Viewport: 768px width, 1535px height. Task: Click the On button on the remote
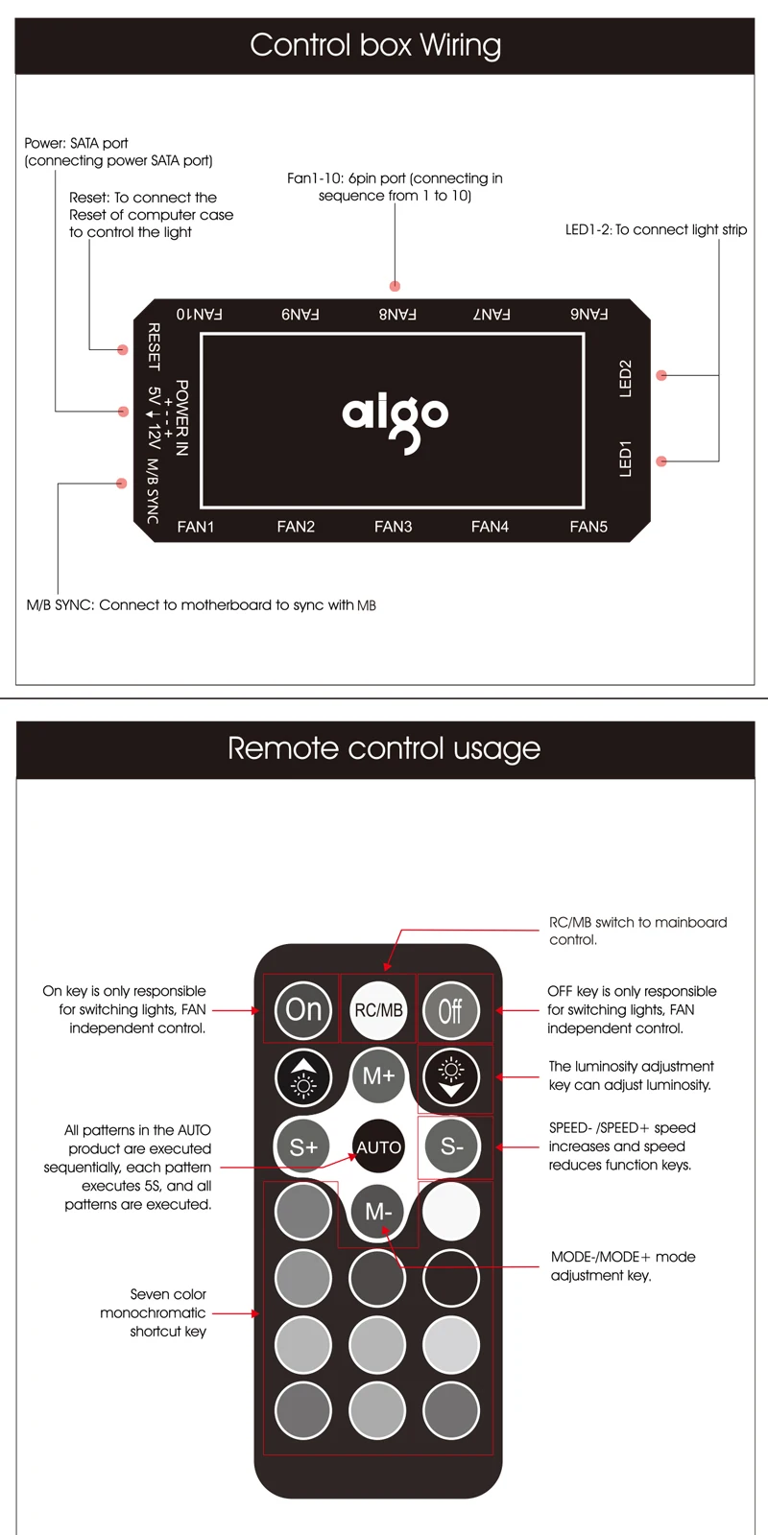pyautogui.click(x=303, y=1009)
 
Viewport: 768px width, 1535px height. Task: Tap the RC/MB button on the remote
pyautogui.click(x=378, y=1010)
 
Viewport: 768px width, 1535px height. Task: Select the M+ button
pyautogui.click(x=378, y=1076)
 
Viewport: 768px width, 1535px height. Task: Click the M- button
pyautogui.click(x=378, y=1212)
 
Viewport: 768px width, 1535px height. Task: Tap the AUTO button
pyautogui.click(x=378, y=1146)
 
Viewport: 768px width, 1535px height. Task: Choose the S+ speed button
pyautogui.click(x=303, y=1146)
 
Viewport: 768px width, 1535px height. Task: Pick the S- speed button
pyautogui.click(x=451, y=1146)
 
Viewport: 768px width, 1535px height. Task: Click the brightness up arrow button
pyautogui.click(x=303, y=1076)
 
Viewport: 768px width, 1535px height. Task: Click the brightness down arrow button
pyautogui.click(x=451, y=1076)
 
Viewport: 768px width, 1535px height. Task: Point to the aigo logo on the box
pyautogui.click(x=395, y=418)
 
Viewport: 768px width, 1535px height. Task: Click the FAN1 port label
pyautogui.click(x=196, y=527)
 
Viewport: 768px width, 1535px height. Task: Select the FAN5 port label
pyautogui.click(x=588, y=527)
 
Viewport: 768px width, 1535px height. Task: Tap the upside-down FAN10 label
pyautogui.click(x=200, y=314)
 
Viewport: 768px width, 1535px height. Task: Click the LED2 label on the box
pyautogui.click(x=626, y=378)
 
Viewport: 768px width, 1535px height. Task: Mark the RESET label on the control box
pyautogui.click(x=154, y=346)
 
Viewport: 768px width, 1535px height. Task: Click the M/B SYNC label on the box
pyautogui.click(x=153, y=491)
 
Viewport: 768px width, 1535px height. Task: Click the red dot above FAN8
pyautogui.click(x=395, y=286)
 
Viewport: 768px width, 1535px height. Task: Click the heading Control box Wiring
pyautogui.click(x=375, y=45)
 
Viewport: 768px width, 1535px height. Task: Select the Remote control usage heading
pyautogui.click(x=384, y=748)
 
